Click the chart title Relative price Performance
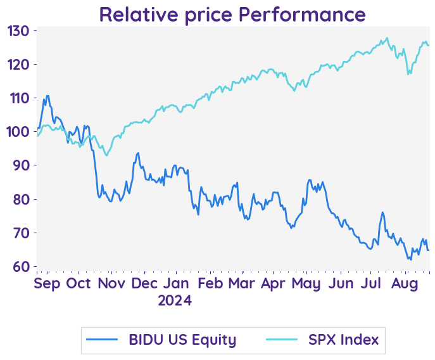232,14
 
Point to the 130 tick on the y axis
19,31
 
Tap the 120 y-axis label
19,65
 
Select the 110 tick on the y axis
19,98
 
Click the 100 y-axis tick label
19,132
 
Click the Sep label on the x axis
47,283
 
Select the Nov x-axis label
112,283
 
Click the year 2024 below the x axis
175,300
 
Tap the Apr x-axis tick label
273,283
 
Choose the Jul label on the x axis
372,283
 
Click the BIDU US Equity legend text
182,340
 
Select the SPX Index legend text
343,340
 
